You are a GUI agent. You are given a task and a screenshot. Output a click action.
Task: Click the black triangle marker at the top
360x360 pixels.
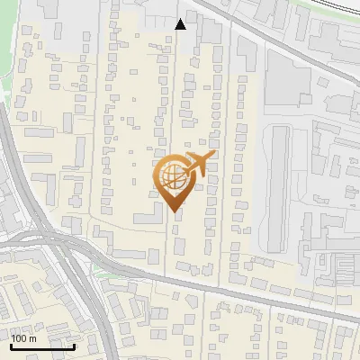pos(181,24)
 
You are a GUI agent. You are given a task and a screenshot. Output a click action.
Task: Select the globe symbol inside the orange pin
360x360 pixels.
pos(174,177)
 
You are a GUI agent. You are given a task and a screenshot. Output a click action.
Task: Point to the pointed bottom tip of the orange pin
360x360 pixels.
pos(174,211)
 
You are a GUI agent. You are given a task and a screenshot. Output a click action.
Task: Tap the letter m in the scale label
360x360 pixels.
pos(33,338)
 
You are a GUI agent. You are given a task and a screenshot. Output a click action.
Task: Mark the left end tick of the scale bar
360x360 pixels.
pos(12,345)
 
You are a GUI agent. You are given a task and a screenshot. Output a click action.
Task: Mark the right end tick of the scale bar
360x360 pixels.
pos(74,345)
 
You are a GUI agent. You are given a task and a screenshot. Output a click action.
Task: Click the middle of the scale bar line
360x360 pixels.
pos(42,346)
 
